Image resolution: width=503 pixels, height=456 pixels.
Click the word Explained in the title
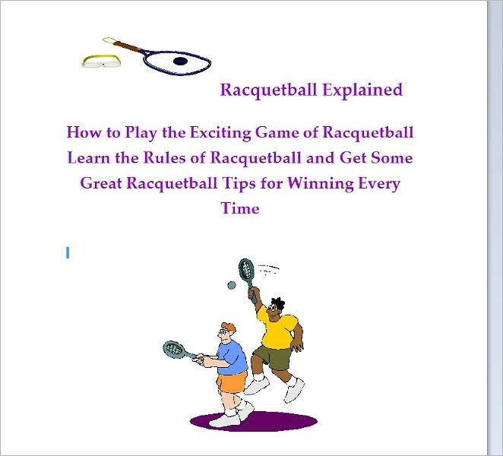[x=362, y=90]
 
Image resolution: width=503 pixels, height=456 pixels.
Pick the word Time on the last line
[x=240, y=208]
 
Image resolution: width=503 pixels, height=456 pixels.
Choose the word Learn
[x=90, y=158]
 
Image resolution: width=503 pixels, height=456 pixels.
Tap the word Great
[x=104, y=183]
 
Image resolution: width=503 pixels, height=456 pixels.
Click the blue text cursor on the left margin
[x=68, y=253]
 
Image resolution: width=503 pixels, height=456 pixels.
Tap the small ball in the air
[x=230, y=286]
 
